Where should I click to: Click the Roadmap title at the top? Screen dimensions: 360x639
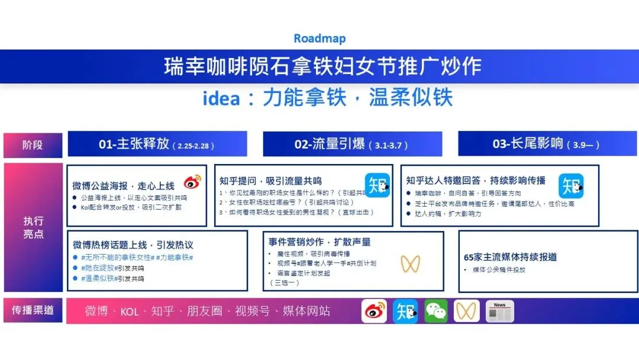[319, 39]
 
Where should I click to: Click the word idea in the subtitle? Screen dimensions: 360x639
[221, 98]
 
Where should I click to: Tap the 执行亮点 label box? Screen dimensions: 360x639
[33, 227]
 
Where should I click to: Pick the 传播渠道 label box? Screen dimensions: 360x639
[33, 310]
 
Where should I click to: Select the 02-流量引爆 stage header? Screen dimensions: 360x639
[352, 144]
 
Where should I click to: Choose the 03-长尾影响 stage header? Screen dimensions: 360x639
[547, 144]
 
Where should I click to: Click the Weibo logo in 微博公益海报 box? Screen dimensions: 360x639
[192, 182]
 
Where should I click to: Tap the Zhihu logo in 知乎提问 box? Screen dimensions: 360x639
[377, 185]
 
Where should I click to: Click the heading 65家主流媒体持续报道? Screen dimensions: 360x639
[510, 257]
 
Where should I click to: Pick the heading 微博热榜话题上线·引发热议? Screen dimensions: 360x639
[133, 245]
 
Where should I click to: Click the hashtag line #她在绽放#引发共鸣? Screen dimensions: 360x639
[112, 268]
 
